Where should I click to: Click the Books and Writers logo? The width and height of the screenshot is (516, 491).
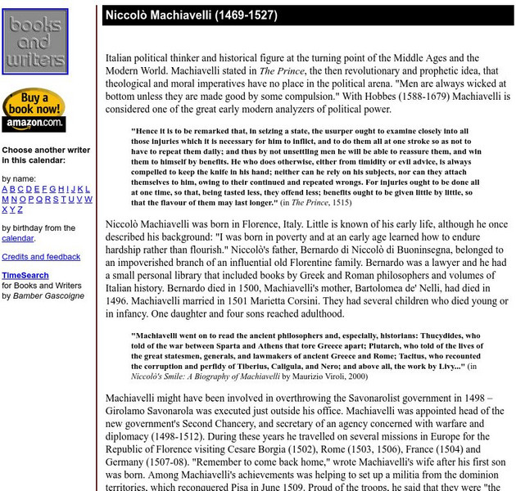coord(35,43)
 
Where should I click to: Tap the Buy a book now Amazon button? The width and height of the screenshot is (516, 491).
coord(34,110)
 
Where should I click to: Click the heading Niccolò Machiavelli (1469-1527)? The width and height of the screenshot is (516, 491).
coord(191,16)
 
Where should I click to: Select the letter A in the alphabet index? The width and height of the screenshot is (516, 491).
coord(5,189)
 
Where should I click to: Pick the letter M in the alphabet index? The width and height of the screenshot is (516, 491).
coord(5,200)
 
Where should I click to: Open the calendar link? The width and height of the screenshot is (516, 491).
coord(17,238)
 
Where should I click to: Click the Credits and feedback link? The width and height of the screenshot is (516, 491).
coord(41,257)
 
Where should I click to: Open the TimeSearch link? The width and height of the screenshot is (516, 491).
coord(25,276)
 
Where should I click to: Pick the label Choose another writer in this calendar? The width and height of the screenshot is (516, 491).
coord(46,155)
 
